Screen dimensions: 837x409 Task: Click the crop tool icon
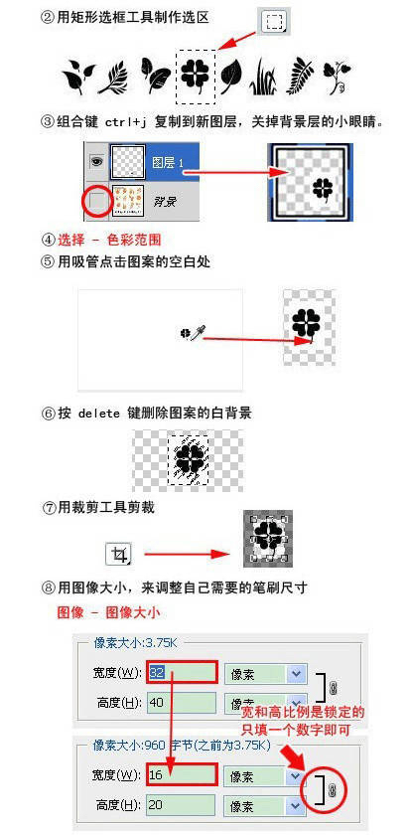tap(121, 555)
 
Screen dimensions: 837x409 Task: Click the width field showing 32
tap(182, 673)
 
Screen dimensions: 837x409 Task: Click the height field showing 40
tap(182, 703)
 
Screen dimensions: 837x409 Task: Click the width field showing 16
tap(182, 773)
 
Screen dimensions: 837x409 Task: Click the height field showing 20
tap(182, 803)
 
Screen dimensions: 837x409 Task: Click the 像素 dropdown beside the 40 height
tap(264, 703)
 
